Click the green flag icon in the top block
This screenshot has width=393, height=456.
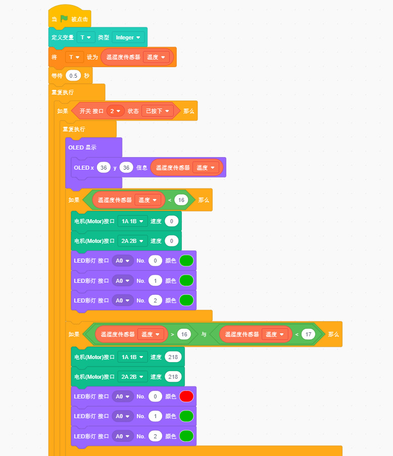[x=64, y=19]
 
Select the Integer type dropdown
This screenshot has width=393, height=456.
[x=128, y=37]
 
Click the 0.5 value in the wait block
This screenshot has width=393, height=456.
[x=74, y=76]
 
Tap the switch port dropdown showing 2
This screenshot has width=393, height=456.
[x=115, y=111]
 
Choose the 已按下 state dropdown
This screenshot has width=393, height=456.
[x=157, y=111]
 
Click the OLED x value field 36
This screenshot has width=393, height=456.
[x=104, y=167]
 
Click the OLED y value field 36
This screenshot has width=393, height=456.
[x=126, y=167]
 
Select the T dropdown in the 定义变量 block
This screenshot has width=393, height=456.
[x=86, y=37]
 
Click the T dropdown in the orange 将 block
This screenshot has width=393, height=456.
[x=74, y=57]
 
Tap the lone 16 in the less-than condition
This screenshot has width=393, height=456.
[x=181, y=200]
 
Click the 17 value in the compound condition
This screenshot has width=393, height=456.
[x=308, y=334]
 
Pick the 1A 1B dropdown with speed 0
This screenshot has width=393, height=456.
[x=132, y=221]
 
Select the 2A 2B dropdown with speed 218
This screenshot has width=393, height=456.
[x=132, y=377]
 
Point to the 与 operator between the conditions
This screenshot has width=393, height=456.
[x=204, y=334]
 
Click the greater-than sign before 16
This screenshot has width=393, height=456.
[x=172, y=334]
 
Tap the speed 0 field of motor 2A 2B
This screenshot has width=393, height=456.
[x=172, y=241]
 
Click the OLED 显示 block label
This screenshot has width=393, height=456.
[x=82, y=147]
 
